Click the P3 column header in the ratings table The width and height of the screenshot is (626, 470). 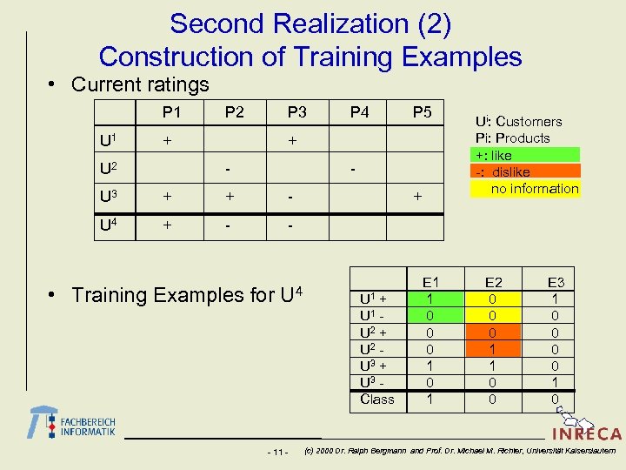click(297, 112)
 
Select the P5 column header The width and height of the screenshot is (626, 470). click(422, 112)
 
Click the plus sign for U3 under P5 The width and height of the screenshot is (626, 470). click(417, 198)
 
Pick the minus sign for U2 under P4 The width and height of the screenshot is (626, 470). click(352, 167)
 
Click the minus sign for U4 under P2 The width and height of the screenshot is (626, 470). click(229, 225)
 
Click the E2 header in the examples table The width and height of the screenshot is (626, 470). click(493, 282)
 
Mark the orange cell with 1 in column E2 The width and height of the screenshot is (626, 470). click(493, 348)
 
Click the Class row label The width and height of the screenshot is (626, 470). click(376, 399)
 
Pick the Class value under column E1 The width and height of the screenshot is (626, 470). click(430, 399)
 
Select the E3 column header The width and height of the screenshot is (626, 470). click(556, 282)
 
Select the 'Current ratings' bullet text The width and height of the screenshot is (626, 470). click(140, 84)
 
